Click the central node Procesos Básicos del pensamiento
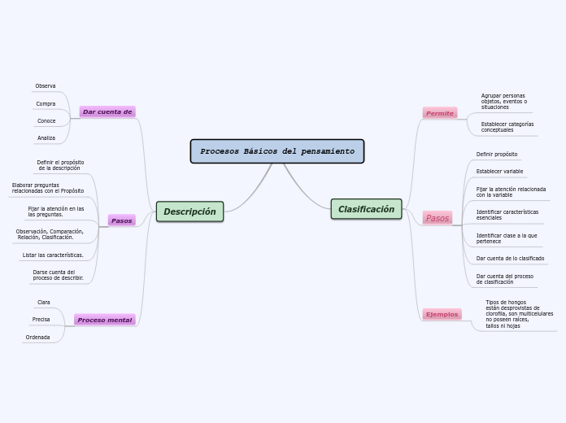coord(277,151)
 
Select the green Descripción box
coord(189,211)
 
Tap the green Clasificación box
coord(366,209)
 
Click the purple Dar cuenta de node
coord(107,111)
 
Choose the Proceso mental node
coord(105,320)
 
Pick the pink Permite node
coord(440,113)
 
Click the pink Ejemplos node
coord(442,314)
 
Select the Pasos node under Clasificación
coord(438,218)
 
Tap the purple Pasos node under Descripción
coord(122,220)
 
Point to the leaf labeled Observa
coord(46,86)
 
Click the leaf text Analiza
coord(46,138)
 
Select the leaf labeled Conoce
coord(46,121)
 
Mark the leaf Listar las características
coord(53,255)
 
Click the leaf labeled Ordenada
coord(37,337)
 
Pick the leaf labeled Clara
coord(44,303)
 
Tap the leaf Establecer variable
coord(499,172)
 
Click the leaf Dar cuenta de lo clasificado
coord(510,259)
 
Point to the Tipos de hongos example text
coord(519,313)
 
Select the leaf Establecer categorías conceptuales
coord(507,127)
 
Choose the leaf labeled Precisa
coord(41,320)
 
